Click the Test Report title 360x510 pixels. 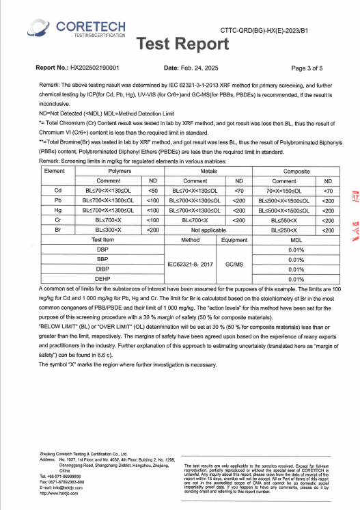[182, 44]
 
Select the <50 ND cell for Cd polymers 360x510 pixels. [153, 190]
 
